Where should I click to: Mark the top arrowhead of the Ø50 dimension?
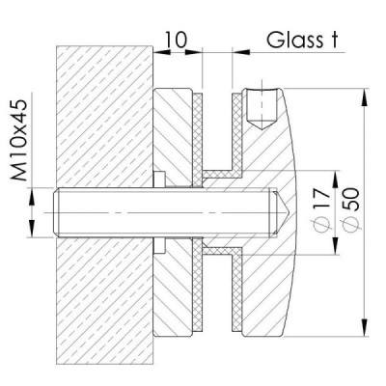[368, 95]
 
